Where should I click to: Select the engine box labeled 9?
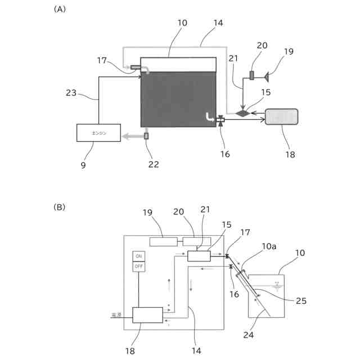pyautogui.click(x=98, y=133)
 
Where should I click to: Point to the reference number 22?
pyautogui.click(x=154, y=165)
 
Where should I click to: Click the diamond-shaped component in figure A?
pyautogui.click(x=242, y=113)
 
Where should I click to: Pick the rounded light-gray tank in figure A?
pyautogui.click(x=281, y=117)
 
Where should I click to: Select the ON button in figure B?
pyautogui.click(x=138, y=256)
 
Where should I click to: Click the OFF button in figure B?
pyautogui.click(x=138, y=265)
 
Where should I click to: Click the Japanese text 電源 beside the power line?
pyautogui.click(x=116, y=316)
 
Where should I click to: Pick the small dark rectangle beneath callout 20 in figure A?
pyautogui.click(x=251, y=75)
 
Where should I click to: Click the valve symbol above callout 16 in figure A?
pyautogui.click(x=220, y=120)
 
